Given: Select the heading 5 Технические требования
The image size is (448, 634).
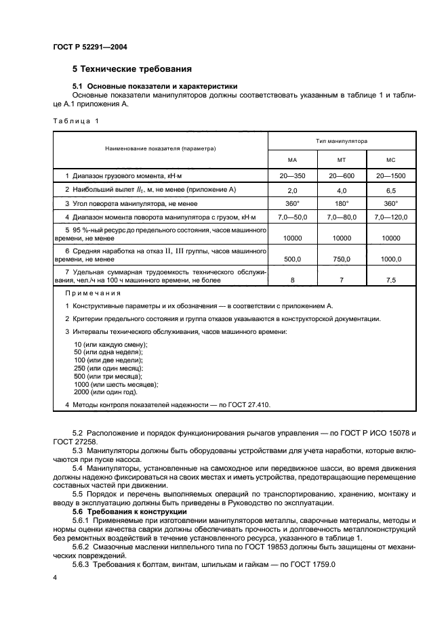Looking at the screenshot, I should coord(131,69).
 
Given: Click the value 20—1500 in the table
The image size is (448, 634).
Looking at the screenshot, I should coord(390,176).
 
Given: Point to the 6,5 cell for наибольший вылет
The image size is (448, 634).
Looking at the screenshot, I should coord(390,190).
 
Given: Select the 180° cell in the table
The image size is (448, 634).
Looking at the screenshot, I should coord(342,204).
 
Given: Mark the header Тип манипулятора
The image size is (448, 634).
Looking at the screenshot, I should coord(342,141).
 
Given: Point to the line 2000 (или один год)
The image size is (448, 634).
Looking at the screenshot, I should coord(105,392).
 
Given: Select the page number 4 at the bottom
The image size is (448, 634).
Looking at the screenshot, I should coord(55,577).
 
